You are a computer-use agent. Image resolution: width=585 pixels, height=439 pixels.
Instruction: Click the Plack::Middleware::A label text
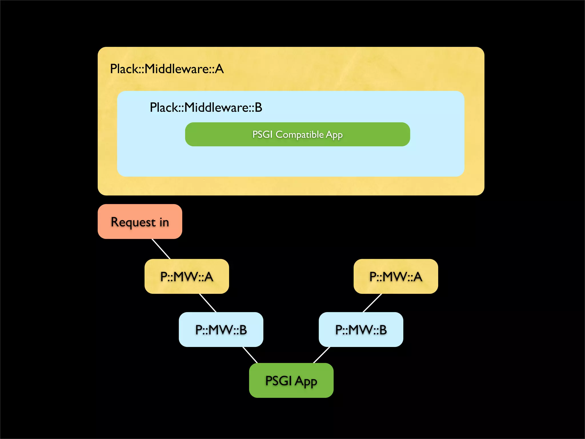(167, 69)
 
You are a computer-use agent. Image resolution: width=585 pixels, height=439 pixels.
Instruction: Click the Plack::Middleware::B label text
(206, 107)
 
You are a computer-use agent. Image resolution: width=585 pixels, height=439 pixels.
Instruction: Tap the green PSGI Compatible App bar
(297, 134)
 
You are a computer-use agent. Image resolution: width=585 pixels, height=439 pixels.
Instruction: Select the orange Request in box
(140, 222)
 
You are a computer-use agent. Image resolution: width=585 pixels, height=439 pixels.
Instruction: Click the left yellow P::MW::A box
(187, 276)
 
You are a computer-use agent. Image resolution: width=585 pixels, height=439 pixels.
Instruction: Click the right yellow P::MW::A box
(396, 276)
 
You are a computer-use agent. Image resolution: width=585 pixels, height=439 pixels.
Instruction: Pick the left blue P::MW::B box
(221, 330)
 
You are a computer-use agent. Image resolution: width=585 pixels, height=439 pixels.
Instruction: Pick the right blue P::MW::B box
(361, 330)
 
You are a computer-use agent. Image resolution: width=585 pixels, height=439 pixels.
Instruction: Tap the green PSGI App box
(291, 380)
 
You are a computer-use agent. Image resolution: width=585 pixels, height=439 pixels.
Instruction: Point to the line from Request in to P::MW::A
(161, 249)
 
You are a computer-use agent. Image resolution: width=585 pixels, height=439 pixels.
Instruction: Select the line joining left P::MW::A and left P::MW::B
(208, 303)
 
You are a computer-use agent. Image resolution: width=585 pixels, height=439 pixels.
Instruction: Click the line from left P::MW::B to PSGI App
(250, 355)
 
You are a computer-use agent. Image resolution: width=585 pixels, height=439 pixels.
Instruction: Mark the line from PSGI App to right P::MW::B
(322, 355)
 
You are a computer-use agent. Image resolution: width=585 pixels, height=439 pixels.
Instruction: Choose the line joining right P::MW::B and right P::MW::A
(372, 303)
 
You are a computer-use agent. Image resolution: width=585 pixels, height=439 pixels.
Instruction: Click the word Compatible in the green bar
(299, 134)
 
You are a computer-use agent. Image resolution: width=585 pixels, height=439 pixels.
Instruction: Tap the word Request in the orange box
(133, 222)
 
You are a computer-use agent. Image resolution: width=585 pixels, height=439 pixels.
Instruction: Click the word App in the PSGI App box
(306, 381)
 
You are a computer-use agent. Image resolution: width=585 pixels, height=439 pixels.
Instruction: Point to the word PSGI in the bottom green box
(278, 380)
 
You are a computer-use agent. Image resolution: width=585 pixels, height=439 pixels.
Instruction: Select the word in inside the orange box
(164, 222)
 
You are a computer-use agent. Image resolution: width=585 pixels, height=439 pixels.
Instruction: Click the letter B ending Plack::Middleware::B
(258, 107)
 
